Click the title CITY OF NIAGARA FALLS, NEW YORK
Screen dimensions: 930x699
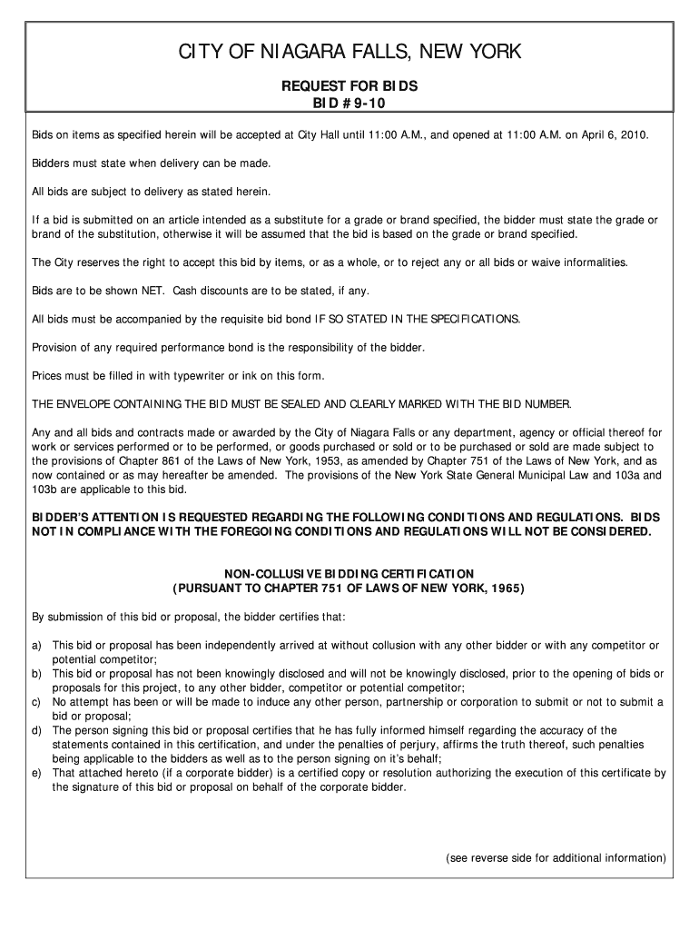(349, 53)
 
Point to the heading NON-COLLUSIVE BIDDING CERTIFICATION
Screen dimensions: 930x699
(349, 573)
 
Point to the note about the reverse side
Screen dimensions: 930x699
(556, 858)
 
